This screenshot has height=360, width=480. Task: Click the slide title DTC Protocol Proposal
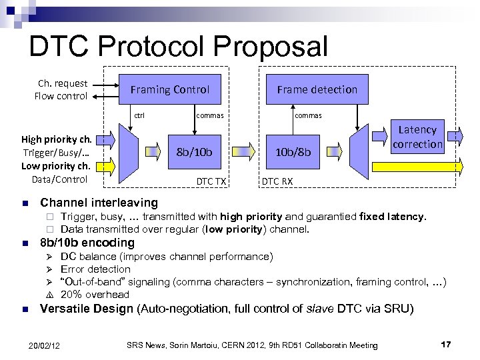[179, 47]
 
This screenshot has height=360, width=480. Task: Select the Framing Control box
[169, 89]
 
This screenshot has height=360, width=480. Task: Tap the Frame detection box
[317, 89]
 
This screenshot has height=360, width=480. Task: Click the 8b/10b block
[193, 152]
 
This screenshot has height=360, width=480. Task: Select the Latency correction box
[418, 137]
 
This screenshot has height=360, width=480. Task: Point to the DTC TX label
[211, 181]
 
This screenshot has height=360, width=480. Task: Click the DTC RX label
[275, 181]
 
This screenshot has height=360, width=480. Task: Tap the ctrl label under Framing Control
[139, 115]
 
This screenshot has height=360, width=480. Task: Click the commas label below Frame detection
[308, 115]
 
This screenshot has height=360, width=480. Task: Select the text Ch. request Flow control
[61, 89]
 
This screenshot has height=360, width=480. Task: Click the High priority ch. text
[57, 140]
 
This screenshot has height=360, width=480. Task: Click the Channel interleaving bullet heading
[99, 202]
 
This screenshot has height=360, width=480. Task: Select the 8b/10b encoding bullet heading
[87, 243]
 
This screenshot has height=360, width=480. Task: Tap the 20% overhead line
[95, 294]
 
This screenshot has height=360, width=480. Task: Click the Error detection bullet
[95, 269]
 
